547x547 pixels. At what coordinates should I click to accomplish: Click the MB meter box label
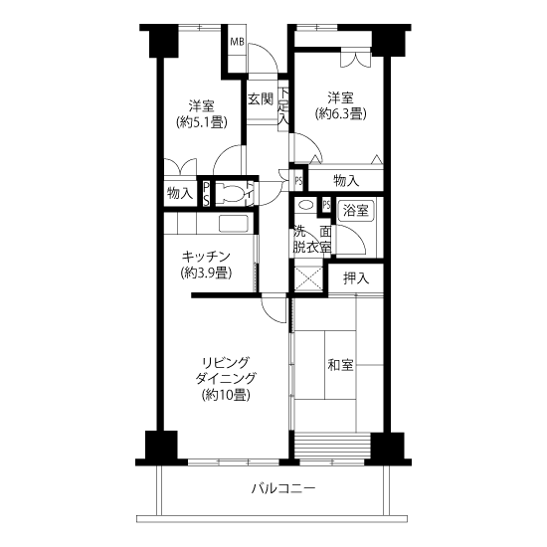click(237, 42)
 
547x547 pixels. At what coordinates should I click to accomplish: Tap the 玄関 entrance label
click(261, 99)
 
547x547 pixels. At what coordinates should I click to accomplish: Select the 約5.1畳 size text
click(202, 122)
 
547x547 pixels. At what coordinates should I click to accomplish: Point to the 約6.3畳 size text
click(340, 114)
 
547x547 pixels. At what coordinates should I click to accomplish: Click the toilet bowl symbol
click(231, 193)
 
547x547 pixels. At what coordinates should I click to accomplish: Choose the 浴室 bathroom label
click(355, 211)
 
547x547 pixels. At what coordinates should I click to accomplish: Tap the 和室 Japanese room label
click(340, 365)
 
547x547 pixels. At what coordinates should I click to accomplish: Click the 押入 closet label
click(356, 278)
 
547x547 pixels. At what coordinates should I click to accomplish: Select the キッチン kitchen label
click(206, 257)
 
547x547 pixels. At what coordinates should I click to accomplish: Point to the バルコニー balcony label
click(283, 488)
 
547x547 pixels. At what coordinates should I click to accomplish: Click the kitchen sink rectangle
click(234, 224)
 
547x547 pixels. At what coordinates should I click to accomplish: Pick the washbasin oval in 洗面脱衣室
click(306, 205)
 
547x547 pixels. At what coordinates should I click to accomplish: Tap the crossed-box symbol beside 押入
click(308, 278)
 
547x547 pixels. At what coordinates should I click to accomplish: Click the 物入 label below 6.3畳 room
click(346, 181)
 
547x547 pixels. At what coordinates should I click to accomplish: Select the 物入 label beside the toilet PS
click(180, 193)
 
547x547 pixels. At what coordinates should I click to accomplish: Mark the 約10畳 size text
click(226, 395)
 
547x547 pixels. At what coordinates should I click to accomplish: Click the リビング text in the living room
click(226, 362)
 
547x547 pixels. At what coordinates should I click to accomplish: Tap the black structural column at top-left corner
click(164, 43)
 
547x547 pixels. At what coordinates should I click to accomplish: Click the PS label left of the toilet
click(207, 193)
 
